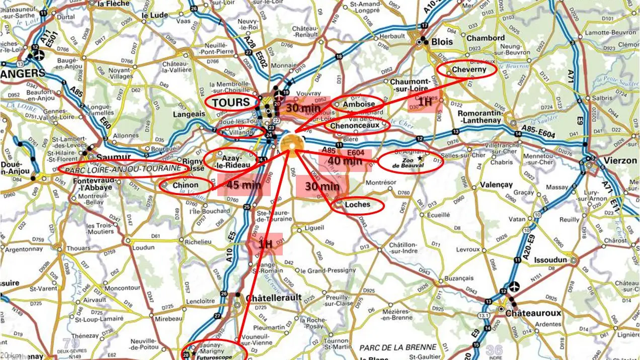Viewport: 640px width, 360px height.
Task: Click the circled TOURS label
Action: pyautogui.click(x=230, y=103)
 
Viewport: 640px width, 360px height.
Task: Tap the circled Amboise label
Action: pyautogui.click(x=358, y=104)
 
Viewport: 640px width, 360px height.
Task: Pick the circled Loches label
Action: pyautogui.click(x=358, y=205)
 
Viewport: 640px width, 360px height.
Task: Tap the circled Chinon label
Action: pyautogui.click(x=186, y=185)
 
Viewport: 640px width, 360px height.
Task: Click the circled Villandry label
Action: pyautogui.click(x=243, y=132)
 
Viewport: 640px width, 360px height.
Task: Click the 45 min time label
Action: pyautogui.click(x=244, y=185)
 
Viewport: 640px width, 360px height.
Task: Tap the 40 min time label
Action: pyautogui.click(x=345, y=161)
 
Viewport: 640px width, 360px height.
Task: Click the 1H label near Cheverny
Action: pyautogui.click(x=425, y=102)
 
